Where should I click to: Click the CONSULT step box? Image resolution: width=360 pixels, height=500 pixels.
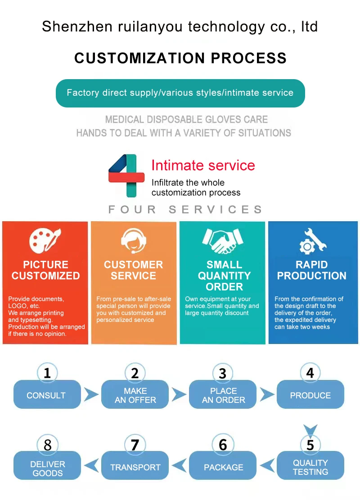pos(47,395)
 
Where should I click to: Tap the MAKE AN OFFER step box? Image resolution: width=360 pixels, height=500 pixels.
pos(135,395)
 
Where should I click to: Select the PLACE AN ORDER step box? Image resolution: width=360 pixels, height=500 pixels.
pos(223,395)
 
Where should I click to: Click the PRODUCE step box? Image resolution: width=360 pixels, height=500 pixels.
pos(310,395)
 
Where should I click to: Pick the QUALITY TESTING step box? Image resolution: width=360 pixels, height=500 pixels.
pos(310,467)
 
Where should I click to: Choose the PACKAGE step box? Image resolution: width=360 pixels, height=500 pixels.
pos(223,467)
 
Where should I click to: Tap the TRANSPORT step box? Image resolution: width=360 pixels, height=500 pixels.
pos(135,467)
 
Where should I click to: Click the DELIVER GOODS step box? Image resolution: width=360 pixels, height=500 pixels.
pos(47,468)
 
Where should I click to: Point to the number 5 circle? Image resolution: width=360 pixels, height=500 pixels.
pos(310,445)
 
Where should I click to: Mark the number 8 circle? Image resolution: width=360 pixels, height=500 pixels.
pos(47,445)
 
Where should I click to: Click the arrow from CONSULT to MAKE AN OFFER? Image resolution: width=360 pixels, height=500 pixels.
pos(91,395)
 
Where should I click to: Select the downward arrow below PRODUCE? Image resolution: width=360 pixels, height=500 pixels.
pos(310,429)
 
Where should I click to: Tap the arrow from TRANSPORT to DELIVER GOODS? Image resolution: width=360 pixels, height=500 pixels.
pos(91,465)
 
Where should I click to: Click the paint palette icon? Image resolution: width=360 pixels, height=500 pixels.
pos(45,241)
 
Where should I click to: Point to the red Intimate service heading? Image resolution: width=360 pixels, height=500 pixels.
pos(203,165)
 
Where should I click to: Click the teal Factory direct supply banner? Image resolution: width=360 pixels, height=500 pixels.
pos(180,93)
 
